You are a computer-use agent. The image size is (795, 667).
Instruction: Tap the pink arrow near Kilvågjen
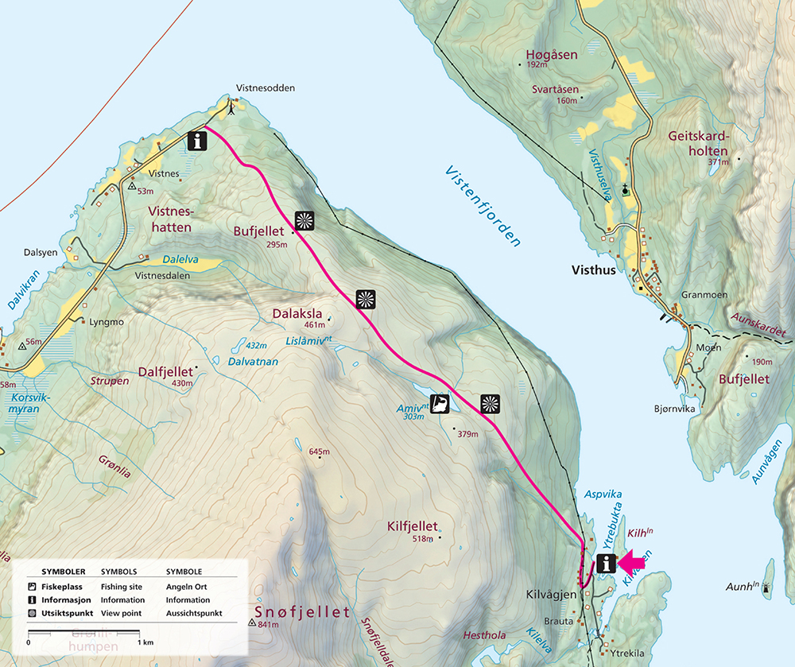633,564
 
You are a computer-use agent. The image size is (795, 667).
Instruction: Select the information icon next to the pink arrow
607,564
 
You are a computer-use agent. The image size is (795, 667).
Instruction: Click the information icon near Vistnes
197,142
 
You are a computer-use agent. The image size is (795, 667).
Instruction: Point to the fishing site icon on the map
440,404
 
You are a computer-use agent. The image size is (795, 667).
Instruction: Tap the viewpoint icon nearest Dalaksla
365,299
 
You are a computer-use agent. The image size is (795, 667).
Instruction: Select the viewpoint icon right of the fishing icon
490,404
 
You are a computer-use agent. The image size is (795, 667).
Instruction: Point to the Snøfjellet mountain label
302,612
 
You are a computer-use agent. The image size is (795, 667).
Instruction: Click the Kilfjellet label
412,526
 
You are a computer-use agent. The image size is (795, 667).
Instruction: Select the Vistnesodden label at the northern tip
266,88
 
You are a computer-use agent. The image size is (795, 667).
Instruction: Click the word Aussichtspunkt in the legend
195,614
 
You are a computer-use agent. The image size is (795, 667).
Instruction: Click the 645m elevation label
319,452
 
